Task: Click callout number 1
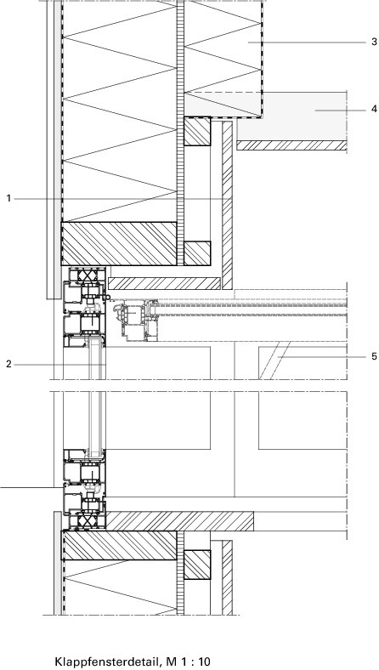tap(8, 199)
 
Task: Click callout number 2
tap(8, 365)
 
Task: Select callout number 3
tap(374, 42)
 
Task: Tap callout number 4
tap(374, 110)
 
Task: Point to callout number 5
tap(374, 356)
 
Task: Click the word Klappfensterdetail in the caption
tap(108, 661)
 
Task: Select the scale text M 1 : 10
tap(188, 661)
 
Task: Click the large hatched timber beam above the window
tap(119, 243)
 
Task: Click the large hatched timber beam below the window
tap(120, 545)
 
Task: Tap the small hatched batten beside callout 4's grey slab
tap(197, 132)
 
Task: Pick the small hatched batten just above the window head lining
tap(197, 253)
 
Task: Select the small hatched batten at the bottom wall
tap(197, 565)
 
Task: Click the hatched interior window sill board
tap(179, 521)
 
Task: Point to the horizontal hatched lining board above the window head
tap(165, 283)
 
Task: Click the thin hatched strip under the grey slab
tap(291, 145)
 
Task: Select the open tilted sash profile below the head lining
tap(135, 321)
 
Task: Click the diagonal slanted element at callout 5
tap(274, 361)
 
